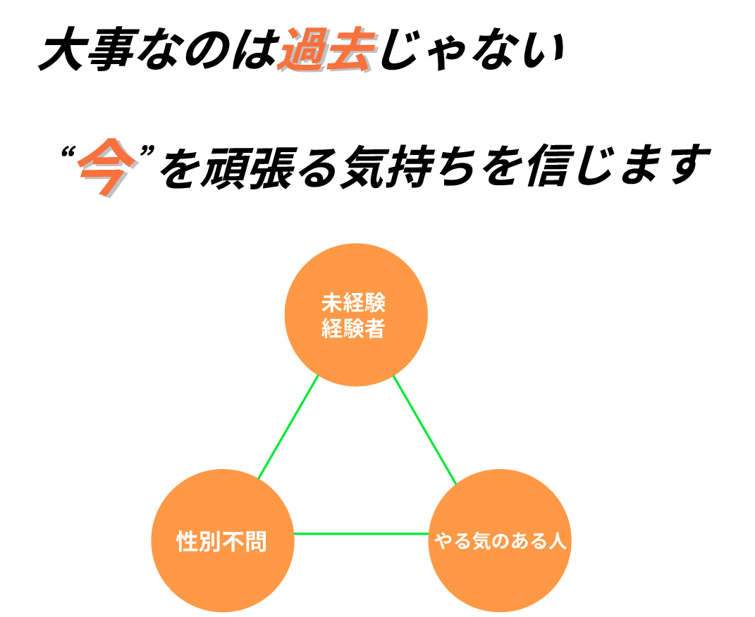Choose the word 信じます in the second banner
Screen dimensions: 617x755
(x=613, y=170)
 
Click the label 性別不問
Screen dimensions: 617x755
(x=221, y=542)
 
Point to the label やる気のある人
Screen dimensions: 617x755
(x=500, y=543)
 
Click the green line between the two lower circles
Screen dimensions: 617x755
(x=361, y=534)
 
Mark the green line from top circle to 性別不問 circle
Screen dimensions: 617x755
(x=289, y=428)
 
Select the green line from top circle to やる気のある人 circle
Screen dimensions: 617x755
(x=424, y=430)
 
